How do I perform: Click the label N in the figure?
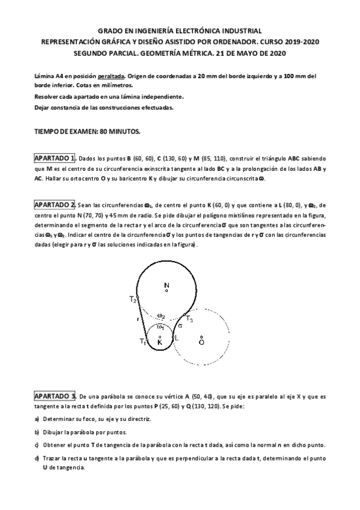[166, 284]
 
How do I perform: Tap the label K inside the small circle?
[160, 342]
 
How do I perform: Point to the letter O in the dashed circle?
[201, 342]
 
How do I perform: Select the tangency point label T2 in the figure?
[133, 299]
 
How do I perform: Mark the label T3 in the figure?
[188, 319]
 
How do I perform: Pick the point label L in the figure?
[177, 338]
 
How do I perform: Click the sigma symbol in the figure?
[180, 326]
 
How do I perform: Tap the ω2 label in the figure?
[160, 315]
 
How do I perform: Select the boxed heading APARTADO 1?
[54, 158]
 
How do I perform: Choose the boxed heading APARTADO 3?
[54, 396]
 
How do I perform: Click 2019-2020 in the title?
[297, 41]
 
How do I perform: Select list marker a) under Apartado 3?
[37, 419]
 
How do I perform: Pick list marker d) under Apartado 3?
[37, 458]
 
